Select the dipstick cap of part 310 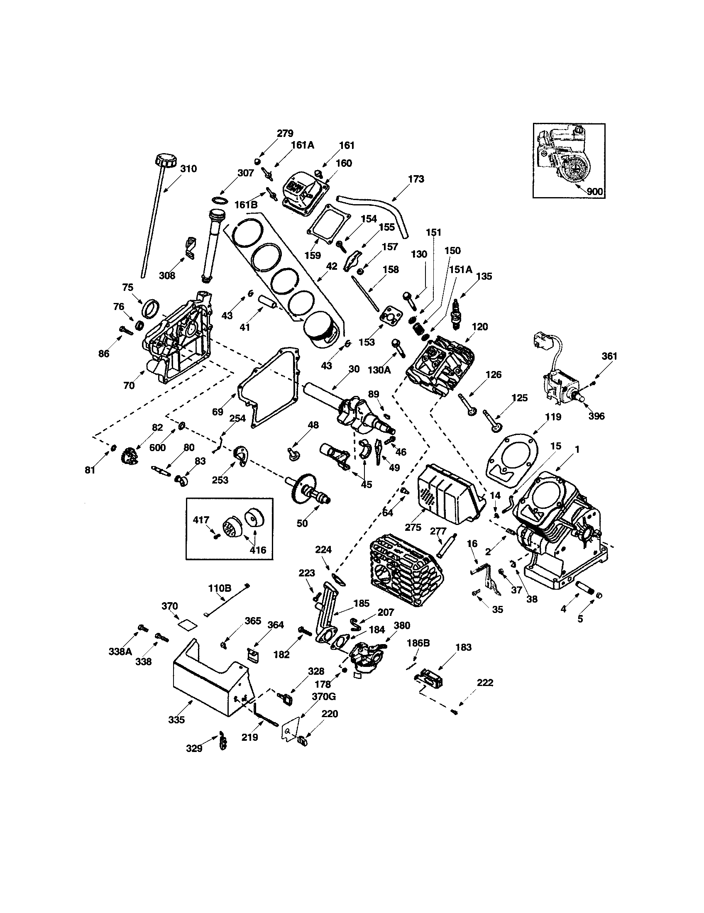166,160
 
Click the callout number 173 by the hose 416,179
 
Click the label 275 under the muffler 413,527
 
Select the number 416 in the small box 257,550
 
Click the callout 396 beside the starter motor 596,416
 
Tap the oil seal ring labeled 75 152,308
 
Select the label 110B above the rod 220,588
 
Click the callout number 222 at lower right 485,683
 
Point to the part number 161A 303,145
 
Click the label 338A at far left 120,651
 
